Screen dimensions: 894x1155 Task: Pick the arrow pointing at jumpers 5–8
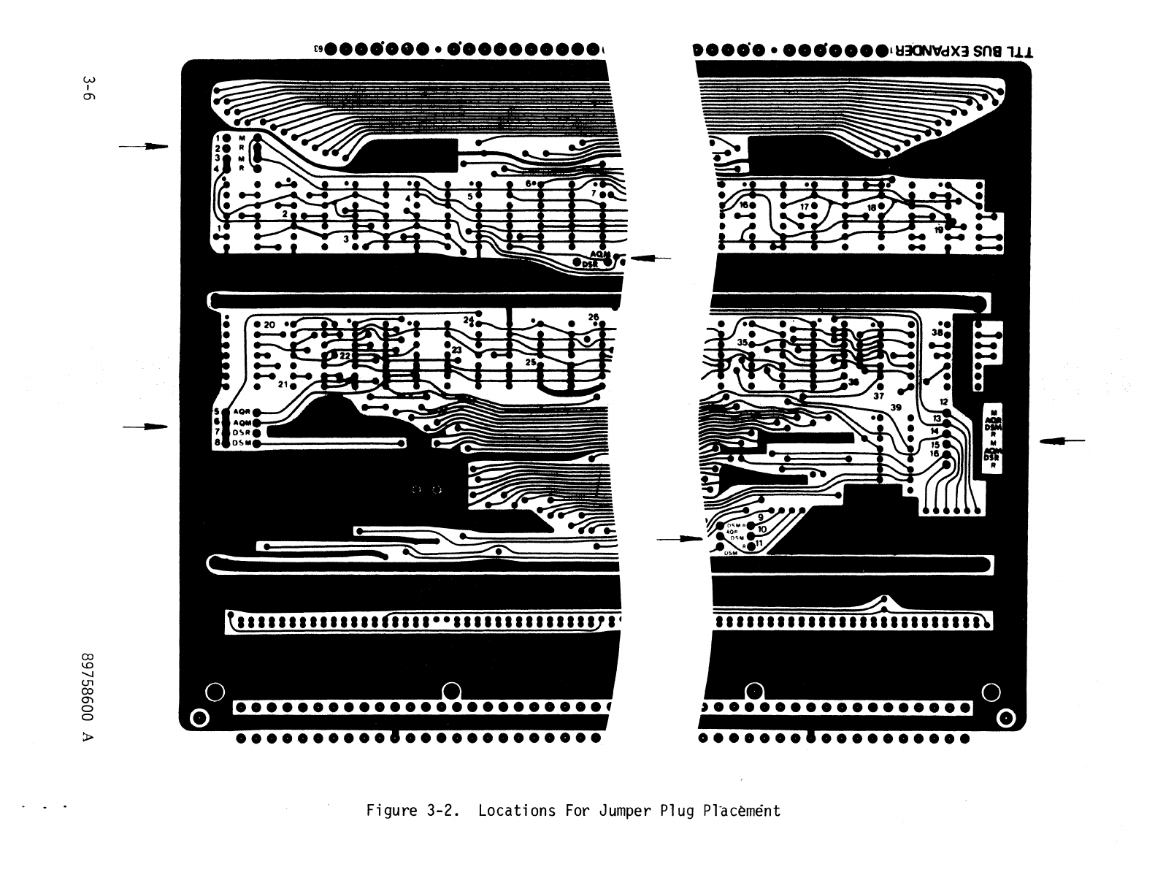(x=145, y=426)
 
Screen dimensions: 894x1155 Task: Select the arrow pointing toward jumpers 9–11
(x=680, y=539)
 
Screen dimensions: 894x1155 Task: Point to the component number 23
(x=456, y=351)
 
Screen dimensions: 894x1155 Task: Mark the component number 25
(x=531, y=362)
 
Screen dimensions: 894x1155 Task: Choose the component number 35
(x=742, y=343)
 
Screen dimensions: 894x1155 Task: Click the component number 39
(x=896, y=407)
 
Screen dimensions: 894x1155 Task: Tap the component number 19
(x=939, y=229)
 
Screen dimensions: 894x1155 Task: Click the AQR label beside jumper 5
(x=242, y=412)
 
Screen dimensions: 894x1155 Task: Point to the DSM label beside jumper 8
(x=242, y=443)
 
